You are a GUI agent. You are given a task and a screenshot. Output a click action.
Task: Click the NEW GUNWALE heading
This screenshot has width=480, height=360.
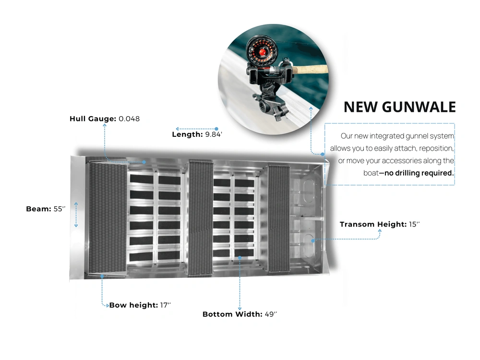coord(400,107)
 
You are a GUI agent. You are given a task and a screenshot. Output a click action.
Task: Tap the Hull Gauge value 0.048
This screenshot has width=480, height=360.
coord(129,119)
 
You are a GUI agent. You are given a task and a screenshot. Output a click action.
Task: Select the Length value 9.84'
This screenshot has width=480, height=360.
coord(214,134)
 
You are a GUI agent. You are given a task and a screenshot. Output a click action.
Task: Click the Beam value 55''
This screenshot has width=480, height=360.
coord(60,209)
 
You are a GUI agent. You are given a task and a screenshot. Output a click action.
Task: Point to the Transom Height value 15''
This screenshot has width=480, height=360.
coord(414,224)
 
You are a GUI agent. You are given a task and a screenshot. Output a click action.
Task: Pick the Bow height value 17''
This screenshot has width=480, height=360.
coord(165,305)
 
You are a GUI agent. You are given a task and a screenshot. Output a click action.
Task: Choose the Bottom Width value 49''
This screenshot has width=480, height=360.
coord(271,314)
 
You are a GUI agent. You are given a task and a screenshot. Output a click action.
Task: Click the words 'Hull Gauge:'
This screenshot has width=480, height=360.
coord(93,119)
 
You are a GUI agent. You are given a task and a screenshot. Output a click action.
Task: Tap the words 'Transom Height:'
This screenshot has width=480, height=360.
coord(373,224)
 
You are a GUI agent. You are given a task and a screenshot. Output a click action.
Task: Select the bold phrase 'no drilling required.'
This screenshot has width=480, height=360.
coord(419,173)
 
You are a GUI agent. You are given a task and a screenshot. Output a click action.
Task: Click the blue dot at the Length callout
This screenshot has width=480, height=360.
coord(216,129)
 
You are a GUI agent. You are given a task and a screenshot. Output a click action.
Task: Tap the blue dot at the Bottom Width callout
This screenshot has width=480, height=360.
coord(240,258)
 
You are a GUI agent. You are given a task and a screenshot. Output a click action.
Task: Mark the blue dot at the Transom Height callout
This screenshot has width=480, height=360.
coord(313,241)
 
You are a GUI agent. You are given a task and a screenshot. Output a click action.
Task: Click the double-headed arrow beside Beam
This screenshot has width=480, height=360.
coord(76,215)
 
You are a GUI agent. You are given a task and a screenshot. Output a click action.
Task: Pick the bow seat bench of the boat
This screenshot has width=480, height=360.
coord(107,217)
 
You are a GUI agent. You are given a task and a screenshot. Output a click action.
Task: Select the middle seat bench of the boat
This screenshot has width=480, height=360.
coord(201,218)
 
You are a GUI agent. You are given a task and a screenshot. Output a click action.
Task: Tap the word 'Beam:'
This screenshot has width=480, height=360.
coord(38,209)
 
